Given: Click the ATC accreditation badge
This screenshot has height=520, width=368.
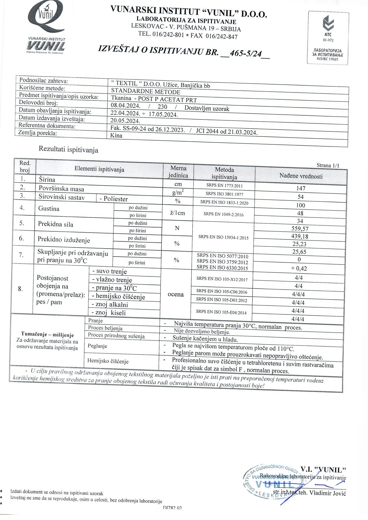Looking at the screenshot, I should click(x=328, y=38).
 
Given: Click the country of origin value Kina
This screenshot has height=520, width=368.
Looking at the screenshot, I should click(x=116, y=135).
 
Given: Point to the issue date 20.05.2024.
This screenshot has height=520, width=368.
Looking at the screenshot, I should click(x=125, y=121).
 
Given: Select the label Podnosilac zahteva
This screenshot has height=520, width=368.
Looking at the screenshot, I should click(x=44, y=80).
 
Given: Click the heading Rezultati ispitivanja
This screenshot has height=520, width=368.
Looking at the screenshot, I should click(x=68, y=150).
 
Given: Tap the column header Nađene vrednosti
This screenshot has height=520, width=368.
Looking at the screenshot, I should click(x=301, y=176).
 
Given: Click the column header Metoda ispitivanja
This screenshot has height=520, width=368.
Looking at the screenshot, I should click(x=224, y=173).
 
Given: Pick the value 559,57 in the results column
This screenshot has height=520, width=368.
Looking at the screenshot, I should click(x=300, y=228).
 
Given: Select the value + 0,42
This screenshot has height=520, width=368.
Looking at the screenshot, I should click(x=299, y=268).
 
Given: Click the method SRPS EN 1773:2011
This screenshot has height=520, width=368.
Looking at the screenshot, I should click(x=224, y=186).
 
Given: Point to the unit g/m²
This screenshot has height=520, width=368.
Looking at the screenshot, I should click(x=178, y=192).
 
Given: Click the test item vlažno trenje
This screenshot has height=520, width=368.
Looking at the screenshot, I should click(x=112, y=280).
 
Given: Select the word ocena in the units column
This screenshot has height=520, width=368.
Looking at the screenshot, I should click(x=176, y=294).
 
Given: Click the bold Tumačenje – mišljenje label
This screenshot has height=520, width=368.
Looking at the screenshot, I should click(x=47, y=335).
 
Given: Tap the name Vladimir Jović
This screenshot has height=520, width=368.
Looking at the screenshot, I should click(x=328, y=493).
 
